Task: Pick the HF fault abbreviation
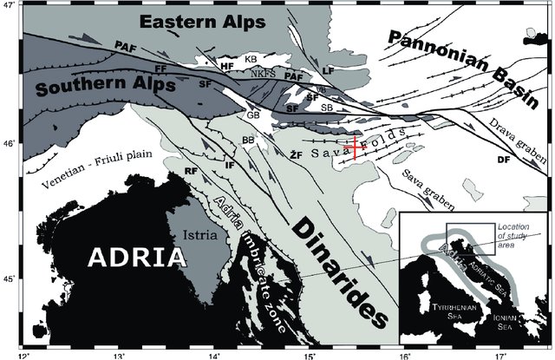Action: (x=227, y=64)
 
